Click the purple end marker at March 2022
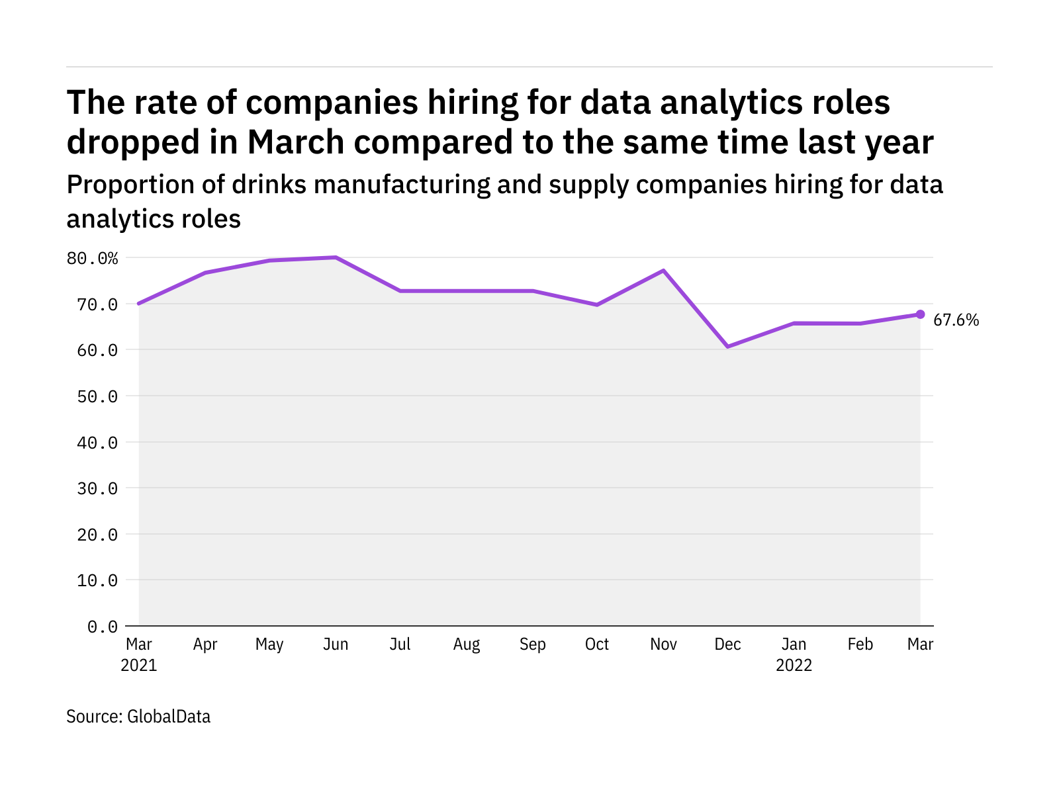coord(920,314)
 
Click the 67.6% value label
coord(956,320)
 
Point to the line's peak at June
coord(336,257)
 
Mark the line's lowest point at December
coord(727,347)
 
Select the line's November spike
coord(663,271)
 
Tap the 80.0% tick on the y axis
coord(92,258)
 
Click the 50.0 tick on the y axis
coord(97,396)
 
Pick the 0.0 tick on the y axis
coord(103,626)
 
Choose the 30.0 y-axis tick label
coord(97,488)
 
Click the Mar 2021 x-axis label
coord(139,654)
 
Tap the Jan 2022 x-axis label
coord(794,654)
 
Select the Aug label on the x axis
coord(467,644)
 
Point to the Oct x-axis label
coord(597,644)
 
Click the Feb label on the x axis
coord(860,644)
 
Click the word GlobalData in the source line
coord(169,717)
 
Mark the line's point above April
coord(205,273)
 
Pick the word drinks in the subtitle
coord(269,185)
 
